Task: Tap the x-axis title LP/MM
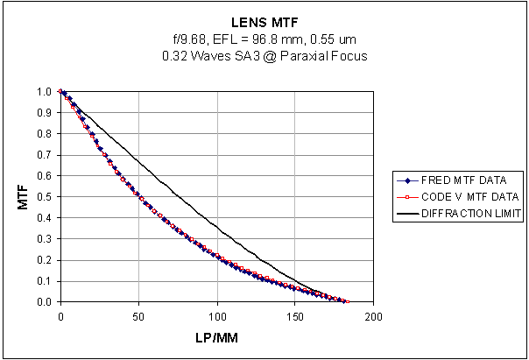(x=216, y=337)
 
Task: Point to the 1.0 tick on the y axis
(x=45, y=91)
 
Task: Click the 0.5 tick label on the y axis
(x=45, y=196)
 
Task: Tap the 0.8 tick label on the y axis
(x=45, y=133)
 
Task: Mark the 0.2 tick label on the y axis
(x=45, y=259)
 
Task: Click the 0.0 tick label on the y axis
(x=45, y=301)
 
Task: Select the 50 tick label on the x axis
(x=138, y=315)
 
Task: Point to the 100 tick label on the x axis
(x=216, y=315)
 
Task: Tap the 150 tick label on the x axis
(x=294, y=315)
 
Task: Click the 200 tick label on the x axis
(x=373, y=315)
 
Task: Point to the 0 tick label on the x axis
(x=60, y=315)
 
